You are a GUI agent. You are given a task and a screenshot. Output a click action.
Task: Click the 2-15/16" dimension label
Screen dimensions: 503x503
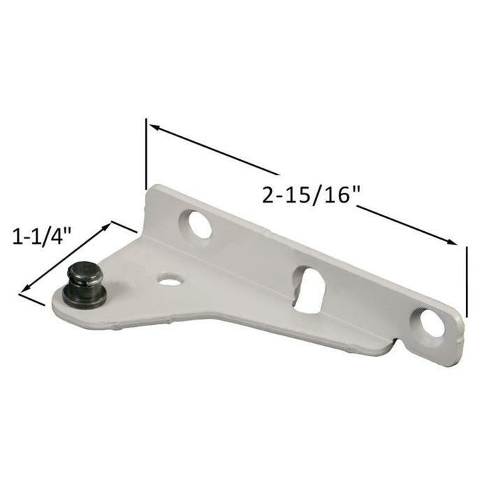click(310, 196)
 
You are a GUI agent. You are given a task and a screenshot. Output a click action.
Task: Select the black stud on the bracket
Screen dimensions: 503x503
click(85, 285)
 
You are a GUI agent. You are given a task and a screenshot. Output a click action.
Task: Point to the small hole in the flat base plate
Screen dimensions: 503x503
click(169, 279)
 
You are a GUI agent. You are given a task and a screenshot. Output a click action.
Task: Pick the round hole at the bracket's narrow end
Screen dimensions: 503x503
click(432, 322)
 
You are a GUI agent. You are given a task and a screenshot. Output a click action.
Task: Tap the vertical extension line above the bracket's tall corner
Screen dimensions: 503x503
click(146, 154)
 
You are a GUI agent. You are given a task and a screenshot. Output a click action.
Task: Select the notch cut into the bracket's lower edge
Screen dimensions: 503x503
click(393, 344)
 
